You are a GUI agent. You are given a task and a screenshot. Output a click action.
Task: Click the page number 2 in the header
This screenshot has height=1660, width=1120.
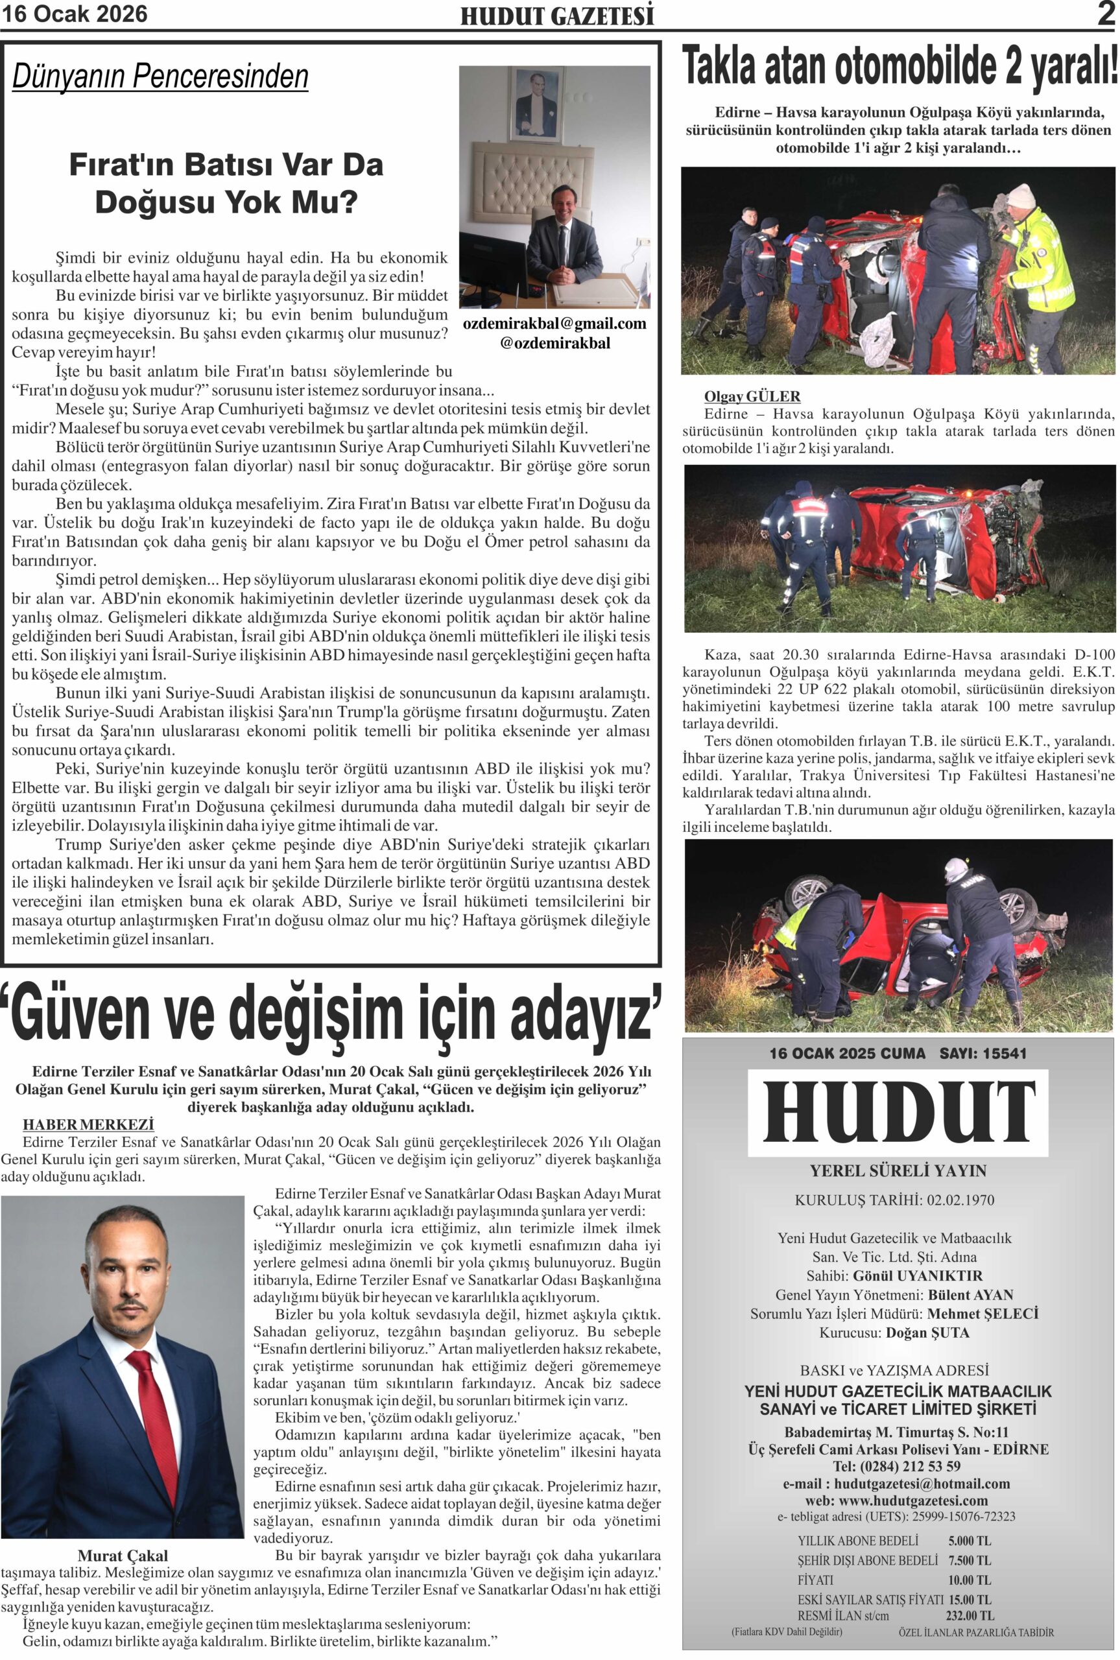[1106, 14]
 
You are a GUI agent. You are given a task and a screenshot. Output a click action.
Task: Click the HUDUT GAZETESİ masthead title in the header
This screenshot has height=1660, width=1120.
[557, 16]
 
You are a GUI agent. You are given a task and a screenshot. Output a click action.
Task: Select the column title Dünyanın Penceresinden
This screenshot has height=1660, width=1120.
[160, 77]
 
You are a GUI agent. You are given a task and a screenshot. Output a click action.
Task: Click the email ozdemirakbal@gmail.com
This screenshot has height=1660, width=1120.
[554, 324]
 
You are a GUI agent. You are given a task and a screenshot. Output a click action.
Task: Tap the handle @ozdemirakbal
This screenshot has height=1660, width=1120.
[555, 343]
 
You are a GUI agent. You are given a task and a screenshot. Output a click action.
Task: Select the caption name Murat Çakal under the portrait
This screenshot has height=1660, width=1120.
[123, 1556]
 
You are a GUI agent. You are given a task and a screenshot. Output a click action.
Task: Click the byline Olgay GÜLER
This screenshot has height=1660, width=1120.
[752, 396]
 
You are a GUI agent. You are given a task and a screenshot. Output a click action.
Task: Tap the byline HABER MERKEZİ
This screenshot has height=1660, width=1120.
[89, 1124]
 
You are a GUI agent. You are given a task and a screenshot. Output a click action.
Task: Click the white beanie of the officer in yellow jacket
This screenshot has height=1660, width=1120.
[1021, 195]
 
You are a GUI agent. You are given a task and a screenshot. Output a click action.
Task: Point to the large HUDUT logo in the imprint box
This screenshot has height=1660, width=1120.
[898, 1111]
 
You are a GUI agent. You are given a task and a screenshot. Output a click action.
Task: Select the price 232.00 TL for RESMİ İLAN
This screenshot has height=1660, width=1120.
[970, 1615]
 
